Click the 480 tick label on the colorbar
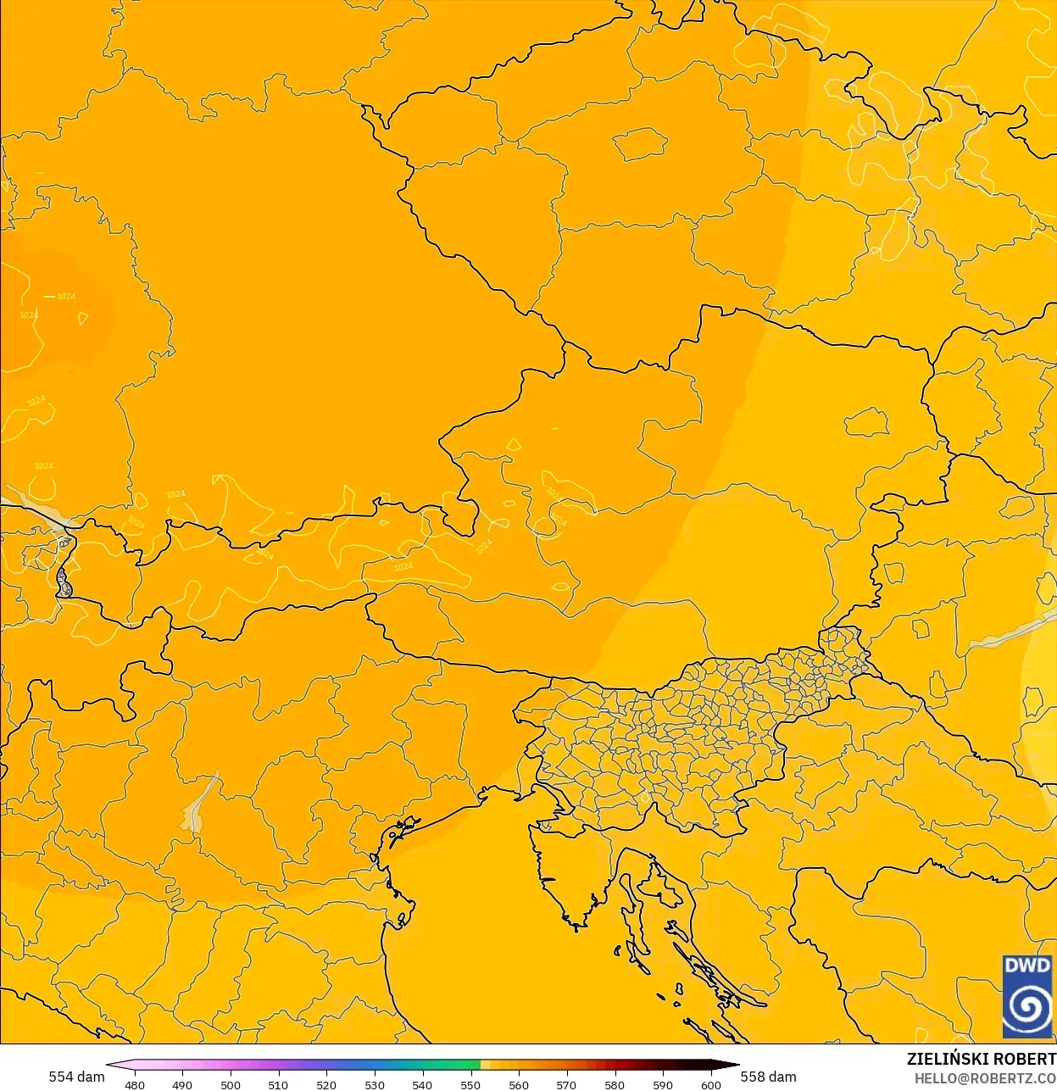(x=135, y=1085)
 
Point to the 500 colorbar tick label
(x=231, y=1085)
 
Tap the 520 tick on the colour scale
(x=326, y=1085)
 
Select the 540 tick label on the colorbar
(x=422, y=1085)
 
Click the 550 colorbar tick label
(x=470, y=1085)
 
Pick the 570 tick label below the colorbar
(x=566, y=1085)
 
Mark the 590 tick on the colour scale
(x=663, y=1085)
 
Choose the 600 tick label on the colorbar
(x=711, y=1085)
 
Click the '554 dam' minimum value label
(x=76, y=1077)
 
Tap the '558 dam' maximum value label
(x=768, y=1077)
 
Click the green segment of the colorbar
(x=458, y=1065)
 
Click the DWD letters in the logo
(x=1026, y=966)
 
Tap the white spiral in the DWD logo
(x=1026, y=1008)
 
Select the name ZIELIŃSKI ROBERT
(x=981, y=1059)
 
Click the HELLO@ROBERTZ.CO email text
(x=985, y=1078)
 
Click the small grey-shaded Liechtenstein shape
(x=64, y=582)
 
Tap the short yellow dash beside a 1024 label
(x=49, y=297)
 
